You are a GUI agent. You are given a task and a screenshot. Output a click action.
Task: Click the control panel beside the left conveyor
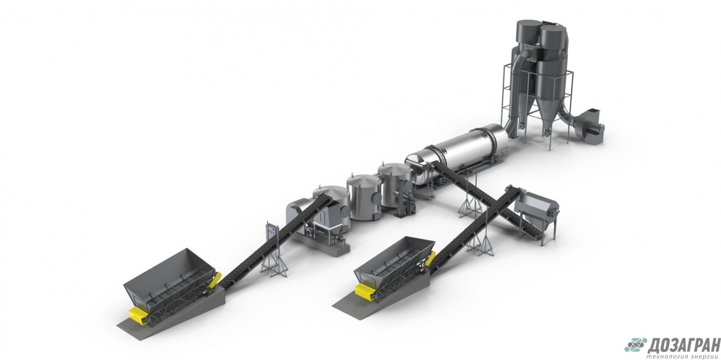coord(271,232)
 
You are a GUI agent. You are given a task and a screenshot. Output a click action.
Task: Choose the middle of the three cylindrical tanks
coord(364,197)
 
